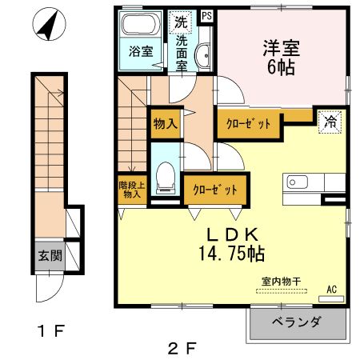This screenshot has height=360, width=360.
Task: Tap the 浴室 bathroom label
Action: (141, 51)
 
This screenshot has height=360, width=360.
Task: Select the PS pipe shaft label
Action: (206, 15)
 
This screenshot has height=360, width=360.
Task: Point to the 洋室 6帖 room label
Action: (276, 56)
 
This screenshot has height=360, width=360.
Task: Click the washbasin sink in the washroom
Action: (202, 56)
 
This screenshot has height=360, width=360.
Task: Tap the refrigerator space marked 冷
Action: (330, 122)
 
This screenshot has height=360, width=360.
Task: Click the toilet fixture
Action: (166, 177)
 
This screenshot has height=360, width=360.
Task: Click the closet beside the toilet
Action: (214, 190)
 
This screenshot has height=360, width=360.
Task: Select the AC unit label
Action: (331, 290)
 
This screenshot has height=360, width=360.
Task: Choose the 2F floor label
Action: (182, 348)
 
